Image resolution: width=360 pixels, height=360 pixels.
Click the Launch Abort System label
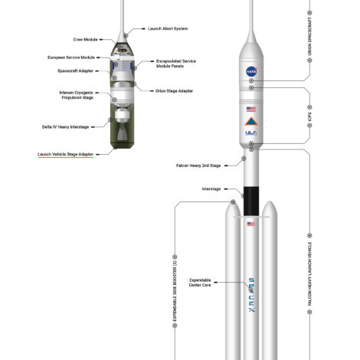click(x=168, y=28)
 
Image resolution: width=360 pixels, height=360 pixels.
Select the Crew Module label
click(x=85, y=40)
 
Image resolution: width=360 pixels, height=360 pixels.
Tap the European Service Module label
click(x=71, y=57)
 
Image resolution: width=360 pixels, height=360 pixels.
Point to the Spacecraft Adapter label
click(x=75, y=70)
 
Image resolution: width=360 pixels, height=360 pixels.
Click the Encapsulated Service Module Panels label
click(x=176, y=64)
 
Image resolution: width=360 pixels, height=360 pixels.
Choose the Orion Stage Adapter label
click(x=174, y=91)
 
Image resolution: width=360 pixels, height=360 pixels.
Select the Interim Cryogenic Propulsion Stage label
click(x=77, y=95)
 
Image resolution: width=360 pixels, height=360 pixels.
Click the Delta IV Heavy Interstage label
click(x=66, y=127)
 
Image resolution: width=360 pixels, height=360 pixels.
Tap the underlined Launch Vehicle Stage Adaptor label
click(x=66, y=154)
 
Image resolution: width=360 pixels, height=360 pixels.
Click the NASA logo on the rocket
click(x=252, y=72)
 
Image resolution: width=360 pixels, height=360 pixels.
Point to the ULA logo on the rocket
click(x=251, y=133)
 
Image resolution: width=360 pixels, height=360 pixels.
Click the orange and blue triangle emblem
click(x=251, y=122)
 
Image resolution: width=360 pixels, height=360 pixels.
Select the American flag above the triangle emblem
click(x=251, y=110)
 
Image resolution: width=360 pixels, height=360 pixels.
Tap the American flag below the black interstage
click(x=251, y=224)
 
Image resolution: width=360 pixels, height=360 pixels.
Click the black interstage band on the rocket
click(x=251, y=201)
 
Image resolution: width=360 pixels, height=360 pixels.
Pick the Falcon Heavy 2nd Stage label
click(x=198, y=165)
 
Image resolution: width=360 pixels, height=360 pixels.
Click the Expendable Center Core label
click(x=200, y=283)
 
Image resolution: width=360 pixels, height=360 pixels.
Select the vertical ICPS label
click(x=309, y=116)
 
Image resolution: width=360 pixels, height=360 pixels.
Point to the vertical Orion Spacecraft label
click(x=309, y=37)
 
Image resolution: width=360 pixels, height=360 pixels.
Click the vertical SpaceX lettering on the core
click(x=252, y=295)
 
